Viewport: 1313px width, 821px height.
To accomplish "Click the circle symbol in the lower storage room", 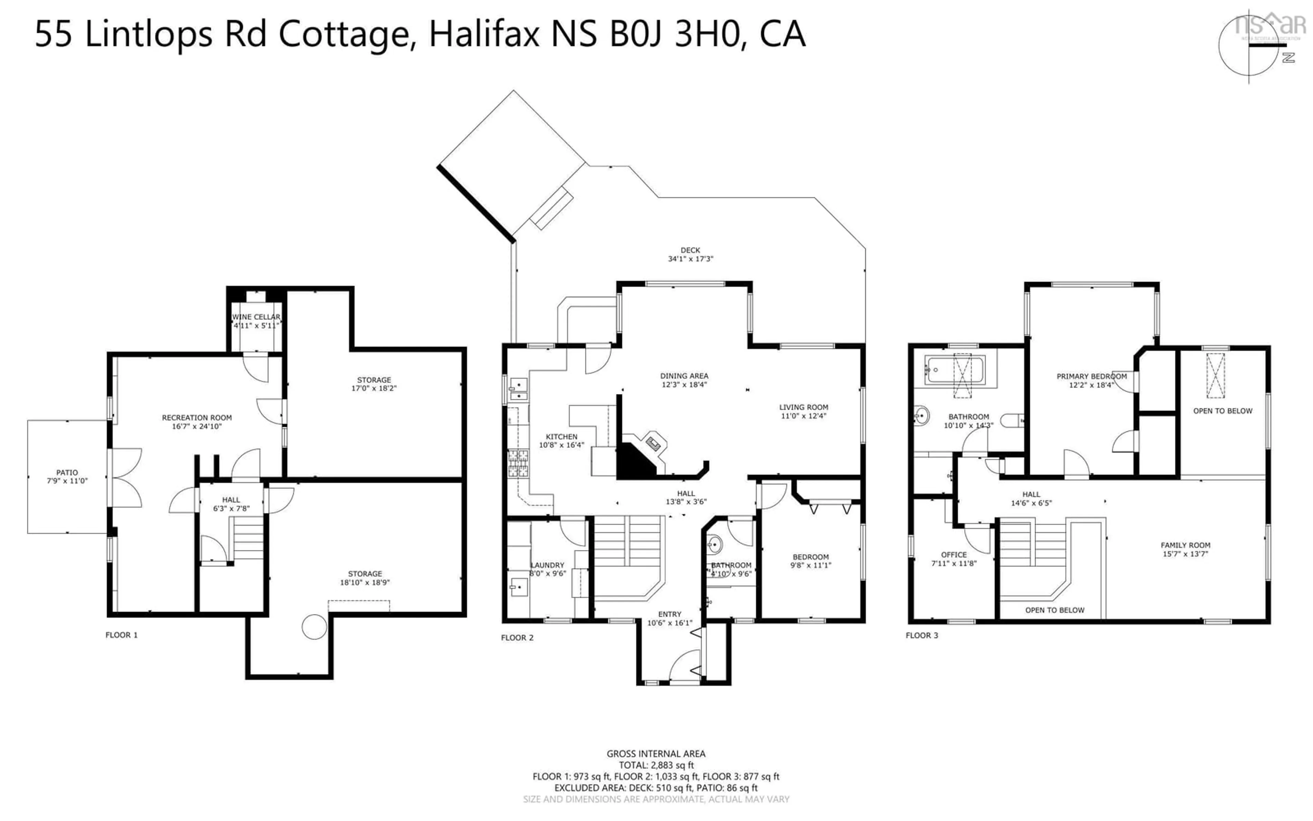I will coord(314,627).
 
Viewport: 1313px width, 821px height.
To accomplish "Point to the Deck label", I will coord(690,250).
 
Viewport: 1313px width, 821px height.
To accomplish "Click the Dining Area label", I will coord(684,376).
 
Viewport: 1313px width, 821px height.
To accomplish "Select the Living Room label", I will coord(804,407).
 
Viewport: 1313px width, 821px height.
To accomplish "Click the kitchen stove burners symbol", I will coord(518,463).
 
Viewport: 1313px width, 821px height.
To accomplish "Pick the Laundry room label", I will coord(547,565).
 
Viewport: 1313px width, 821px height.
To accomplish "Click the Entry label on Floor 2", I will coord(669,614).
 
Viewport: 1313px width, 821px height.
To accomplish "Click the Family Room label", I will coord(1185,545).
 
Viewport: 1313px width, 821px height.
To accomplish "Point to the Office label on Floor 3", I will coord(954,555).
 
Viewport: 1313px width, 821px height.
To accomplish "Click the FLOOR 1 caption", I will coord(121,635).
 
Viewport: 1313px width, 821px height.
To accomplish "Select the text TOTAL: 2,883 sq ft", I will coord(656,766).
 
